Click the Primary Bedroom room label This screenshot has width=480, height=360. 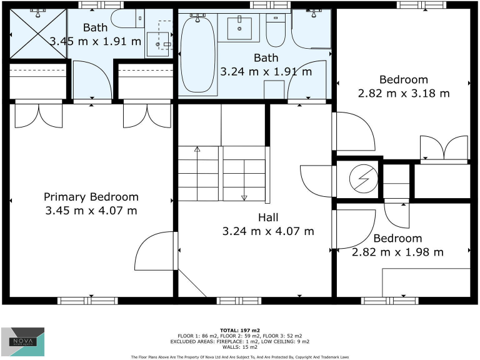click(91, 197)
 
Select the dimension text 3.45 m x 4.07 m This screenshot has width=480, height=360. click(91, 211)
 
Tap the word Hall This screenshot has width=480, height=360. click(268, 217)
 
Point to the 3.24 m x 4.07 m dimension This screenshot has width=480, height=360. click(268, 231)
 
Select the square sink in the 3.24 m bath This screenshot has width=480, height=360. click(239, 27)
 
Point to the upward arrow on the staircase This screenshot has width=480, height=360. click(197, 150)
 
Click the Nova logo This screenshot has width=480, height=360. click(22, 342)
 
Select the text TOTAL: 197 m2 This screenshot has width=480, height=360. click(240, 329)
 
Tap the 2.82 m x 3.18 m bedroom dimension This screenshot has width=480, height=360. click(404, 93)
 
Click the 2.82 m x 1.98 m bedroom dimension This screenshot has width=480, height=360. click(397, 252)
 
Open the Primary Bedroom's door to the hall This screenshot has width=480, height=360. click(155, 250)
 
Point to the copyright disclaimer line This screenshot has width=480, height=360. click(240, 357)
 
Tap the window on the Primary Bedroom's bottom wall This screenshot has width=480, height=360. click(87, 301)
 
